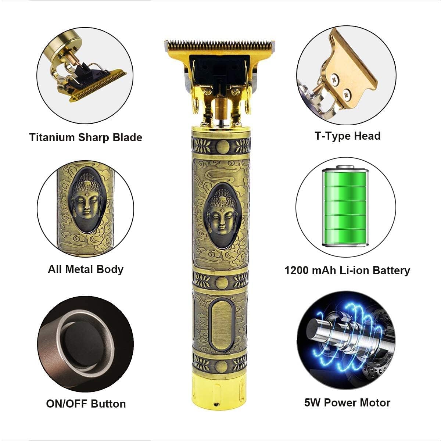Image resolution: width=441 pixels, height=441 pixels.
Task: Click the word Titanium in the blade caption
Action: point(52,137)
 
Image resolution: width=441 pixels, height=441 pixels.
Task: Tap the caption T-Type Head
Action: point(347,136)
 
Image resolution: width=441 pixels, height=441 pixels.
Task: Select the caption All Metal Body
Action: point(85,269)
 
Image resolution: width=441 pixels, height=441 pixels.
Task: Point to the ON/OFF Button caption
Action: point(86,404)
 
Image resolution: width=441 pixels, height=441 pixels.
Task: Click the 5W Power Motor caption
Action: point(347,402)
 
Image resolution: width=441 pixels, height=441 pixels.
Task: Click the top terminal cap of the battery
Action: point(345,168)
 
